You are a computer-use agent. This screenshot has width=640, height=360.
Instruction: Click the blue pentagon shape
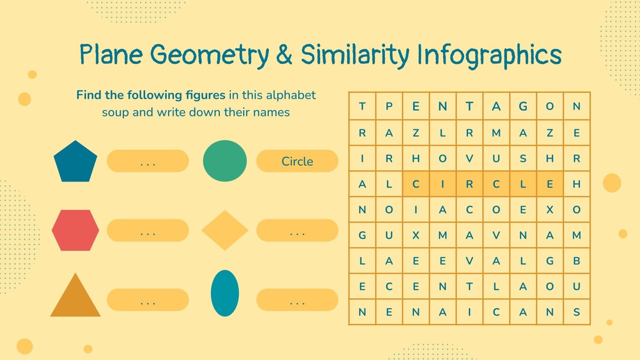75,162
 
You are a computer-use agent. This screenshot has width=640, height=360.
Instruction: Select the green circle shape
225,161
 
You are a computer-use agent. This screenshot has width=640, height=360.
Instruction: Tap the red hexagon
75,230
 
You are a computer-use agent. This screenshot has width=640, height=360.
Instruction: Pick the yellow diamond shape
225,230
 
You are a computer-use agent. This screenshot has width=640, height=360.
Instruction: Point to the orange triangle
75,298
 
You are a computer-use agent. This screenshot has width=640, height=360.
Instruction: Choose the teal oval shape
225,293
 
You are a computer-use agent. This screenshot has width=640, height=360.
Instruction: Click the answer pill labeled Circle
297,161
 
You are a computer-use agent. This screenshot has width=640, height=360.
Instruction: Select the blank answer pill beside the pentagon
148,161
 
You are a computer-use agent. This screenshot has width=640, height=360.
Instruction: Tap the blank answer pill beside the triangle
148,300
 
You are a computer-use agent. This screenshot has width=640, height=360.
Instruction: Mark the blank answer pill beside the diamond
297,230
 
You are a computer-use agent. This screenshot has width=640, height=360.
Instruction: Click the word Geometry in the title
210,55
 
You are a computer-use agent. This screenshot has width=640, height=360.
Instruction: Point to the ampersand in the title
284,55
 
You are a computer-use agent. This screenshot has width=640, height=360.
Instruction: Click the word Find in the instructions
88,95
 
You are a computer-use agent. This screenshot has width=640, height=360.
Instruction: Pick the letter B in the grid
576,261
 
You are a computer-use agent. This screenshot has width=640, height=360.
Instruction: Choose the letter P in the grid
389,106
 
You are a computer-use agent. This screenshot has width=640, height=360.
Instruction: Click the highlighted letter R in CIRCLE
469,184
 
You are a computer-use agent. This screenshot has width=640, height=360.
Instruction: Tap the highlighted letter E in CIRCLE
550,184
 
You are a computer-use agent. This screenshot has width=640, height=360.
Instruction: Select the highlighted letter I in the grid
442,184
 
